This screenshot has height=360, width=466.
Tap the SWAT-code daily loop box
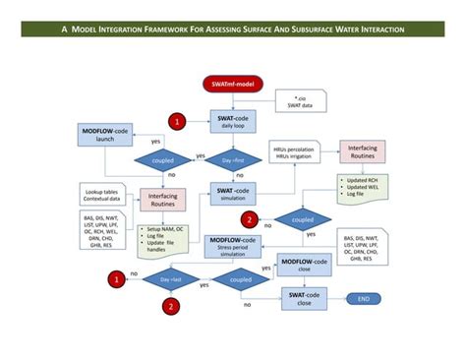point(233,122)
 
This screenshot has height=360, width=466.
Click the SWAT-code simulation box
point(233,191)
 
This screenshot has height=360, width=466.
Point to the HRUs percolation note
point(293,153)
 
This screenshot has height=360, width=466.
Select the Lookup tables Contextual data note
point(103,195)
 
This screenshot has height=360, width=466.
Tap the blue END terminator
point(363,298)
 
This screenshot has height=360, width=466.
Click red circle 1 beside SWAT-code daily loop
point(177,122)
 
